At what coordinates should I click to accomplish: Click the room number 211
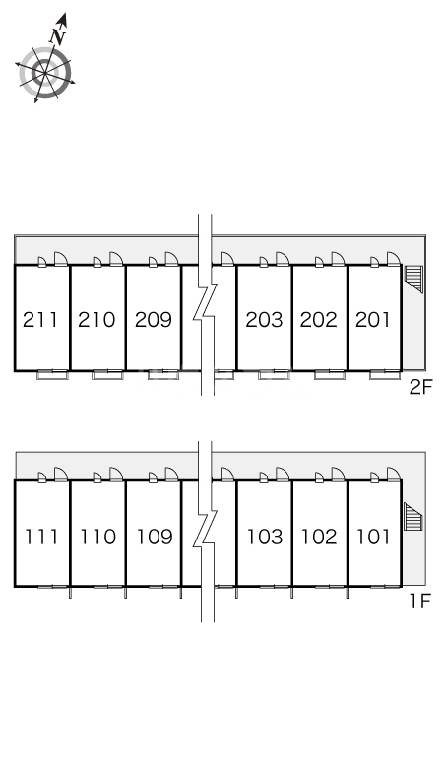click(x=40, y=320)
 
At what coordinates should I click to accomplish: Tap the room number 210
click(x=96, y=320)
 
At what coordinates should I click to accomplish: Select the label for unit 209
click(x=154, y=320)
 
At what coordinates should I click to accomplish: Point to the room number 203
click(x=264, y=320)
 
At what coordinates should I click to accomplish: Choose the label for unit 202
click(x=319, y=320)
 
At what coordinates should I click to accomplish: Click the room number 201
click(x=373, y=320)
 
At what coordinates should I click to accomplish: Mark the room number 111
click(x=41, y=537)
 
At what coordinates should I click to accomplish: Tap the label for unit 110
click(x=97, y=537)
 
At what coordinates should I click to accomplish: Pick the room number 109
click(x=155, y=537)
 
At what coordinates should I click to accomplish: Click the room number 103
click(x=265, y=537)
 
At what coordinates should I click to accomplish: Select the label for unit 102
click(x=319, y=537)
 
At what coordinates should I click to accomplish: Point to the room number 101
click(x=373, y=537)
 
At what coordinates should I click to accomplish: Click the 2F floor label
click(x=420, y=387)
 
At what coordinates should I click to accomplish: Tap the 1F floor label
click(x=420, y=602)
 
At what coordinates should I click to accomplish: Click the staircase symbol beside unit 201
click(x=413, y=279)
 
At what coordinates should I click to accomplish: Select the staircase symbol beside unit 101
click(x=413, y=517)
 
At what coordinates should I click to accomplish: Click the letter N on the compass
click(x=58, y=37)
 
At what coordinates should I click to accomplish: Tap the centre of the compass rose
click(x=45, y=73)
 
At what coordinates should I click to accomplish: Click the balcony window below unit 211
click(x=52, y=374)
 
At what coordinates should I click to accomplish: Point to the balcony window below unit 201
click(x=385, y=374)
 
